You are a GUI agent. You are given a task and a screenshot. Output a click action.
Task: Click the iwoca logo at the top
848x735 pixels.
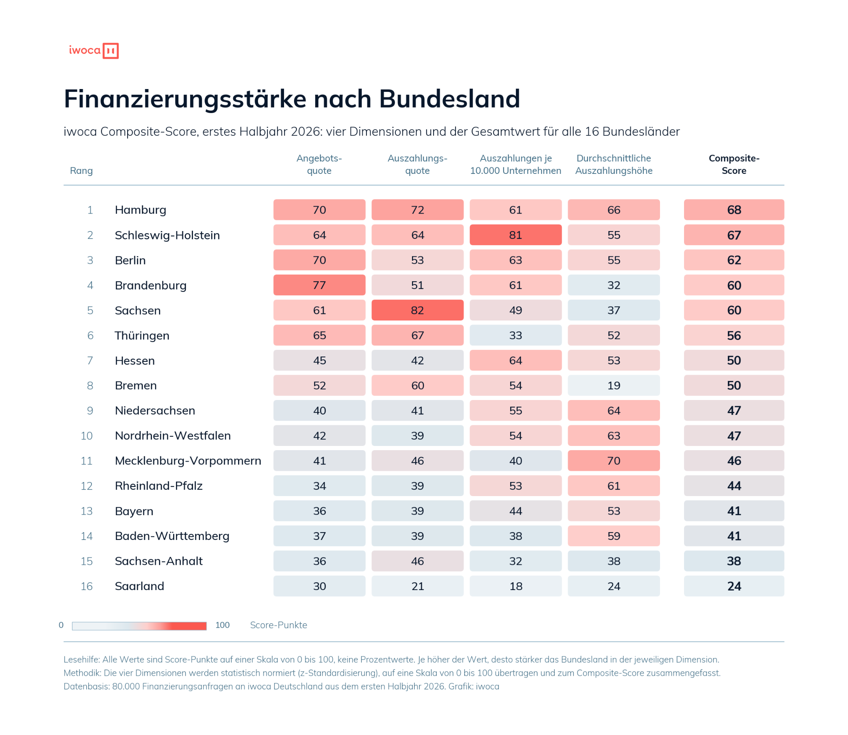[x=94, y=51]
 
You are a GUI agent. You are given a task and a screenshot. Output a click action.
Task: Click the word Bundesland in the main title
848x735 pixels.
[x=449, y=99]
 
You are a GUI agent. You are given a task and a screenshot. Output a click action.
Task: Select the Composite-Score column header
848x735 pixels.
[x=734, y=164]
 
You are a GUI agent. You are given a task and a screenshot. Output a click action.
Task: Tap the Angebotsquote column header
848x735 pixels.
[x=319, y=164]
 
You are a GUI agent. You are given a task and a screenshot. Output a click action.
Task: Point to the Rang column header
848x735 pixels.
[x=81, y=171]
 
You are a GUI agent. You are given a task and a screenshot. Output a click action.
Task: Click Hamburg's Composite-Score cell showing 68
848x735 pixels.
[x=734, y=210]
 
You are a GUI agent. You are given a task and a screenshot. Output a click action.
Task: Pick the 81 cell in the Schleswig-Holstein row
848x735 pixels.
[x=516, y=235]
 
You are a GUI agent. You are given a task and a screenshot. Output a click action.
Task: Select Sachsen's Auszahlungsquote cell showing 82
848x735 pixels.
[x=417, y=310]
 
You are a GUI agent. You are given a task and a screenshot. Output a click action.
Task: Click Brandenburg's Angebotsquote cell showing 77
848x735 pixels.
[x=319, y=285]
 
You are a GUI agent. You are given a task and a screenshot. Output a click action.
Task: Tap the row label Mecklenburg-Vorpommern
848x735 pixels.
[x=188, y=460]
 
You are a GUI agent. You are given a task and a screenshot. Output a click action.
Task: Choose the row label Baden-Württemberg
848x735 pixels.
[x=172, y=536]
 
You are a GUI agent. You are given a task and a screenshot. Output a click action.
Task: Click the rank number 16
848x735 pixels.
[x=87, y=586]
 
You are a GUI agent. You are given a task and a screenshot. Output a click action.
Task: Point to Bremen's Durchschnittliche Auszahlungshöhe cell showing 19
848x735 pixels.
[x=614, y=385]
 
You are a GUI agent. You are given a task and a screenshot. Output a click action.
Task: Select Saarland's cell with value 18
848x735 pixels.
[x=516, y=586]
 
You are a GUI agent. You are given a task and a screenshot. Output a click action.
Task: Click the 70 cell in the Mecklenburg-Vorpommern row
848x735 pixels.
[x=614, y=460]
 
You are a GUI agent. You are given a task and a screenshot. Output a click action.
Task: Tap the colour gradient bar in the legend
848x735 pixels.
[x=139, y=626]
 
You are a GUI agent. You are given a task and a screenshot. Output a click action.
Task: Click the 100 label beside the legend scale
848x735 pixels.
[x=222, y=625]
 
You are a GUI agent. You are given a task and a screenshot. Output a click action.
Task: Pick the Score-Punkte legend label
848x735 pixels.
[x=279, y=625]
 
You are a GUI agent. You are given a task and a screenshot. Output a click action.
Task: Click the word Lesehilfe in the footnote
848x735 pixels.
[x=81, y=659]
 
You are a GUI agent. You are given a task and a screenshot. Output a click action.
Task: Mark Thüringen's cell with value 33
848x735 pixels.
[x=516, y=335]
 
